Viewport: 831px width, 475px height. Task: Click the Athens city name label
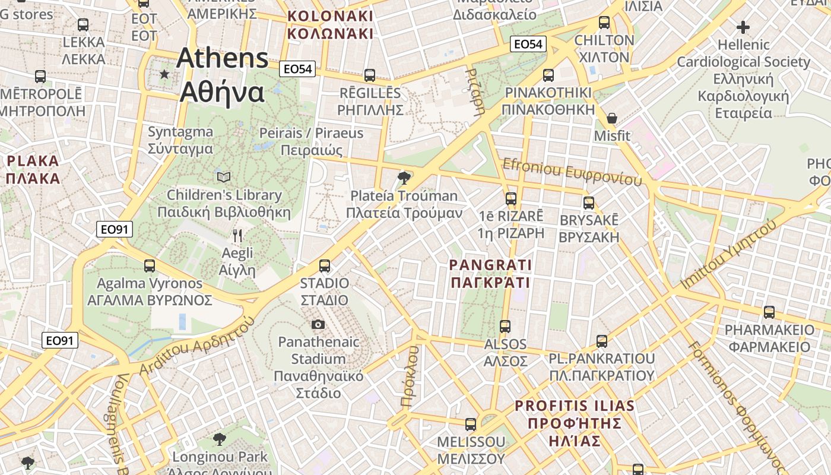point(223,75)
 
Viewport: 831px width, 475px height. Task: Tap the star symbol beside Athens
point(164,74)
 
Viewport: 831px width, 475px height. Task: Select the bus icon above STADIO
point(325,265)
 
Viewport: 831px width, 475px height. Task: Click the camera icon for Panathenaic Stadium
point(318,324)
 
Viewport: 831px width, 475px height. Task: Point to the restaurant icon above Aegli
point(237,236)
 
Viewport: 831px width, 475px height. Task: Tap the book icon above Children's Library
point(224,177)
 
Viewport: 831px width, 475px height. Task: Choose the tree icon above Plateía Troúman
point(404,178)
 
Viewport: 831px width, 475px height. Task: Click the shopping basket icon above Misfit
point(612,118)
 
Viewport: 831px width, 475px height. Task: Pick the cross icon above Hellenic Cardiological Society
point(743,27)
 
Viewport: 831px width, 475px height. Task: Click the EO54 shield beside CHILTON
point(528,44)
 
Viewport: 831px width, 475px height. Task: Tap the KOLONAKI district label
point(330,25)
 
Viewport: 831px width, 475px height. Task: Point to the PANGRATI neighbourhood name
point(490,273)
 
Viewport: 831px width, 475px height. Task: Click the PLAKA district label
point(33,169)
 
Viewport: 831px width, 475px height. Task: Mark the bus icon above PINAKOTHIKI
point(548,75)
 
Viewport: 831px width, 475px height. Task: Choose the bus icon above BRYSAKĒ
point(589,202)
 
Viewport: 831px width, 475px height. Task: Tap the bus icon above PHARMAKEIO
point(769,312)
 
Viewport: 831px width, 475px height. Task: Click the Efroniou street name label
point(572,172)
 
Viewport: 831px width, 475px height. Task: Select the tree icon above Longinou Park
point(220,439)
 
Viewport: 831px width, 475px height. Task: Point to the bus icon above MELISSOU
point(471,425)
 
